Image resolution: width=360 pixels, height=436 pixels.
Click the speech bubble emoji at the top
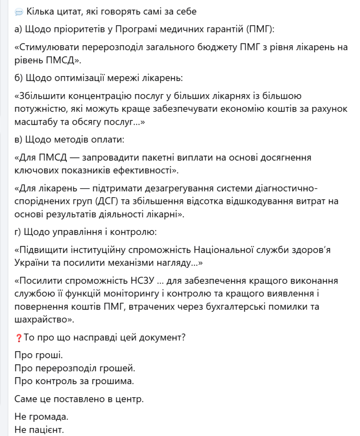(19, 11)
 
